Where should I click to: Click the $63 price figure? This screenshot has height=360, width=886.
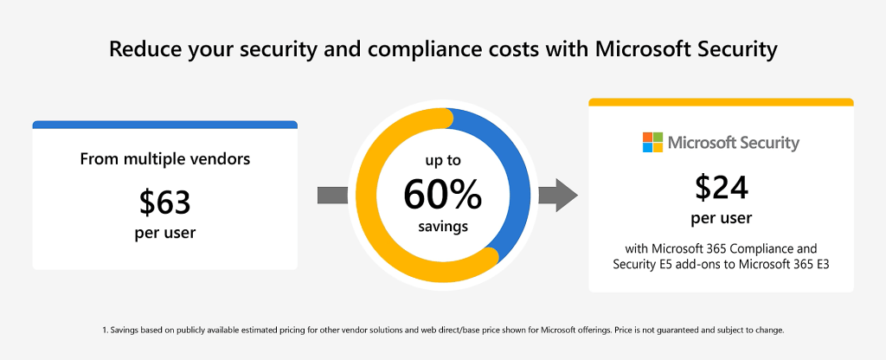point(164,202)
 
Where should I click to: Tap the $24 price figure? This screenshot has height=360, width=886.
point(722,187)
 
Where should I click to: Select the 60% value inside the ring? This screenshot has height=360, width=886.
point(442,196)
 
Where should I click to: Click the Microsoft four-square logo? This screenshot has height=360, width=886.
point(652,142)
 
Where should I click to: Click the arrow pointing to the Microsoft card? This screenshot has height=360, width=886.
point(557,196)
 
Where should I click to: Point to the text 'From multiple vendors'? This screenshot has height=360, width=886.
point(164,159)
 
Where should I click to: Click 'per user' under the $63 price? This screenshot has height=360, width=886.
point(164,233)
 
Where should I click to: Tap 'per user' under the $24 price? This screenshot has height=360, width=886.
point(722,217)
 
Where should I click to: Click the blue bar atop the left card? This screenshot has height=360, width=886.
point(164,125)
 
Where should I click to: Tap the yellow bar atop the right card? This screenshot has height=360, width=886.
point(722,102)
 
